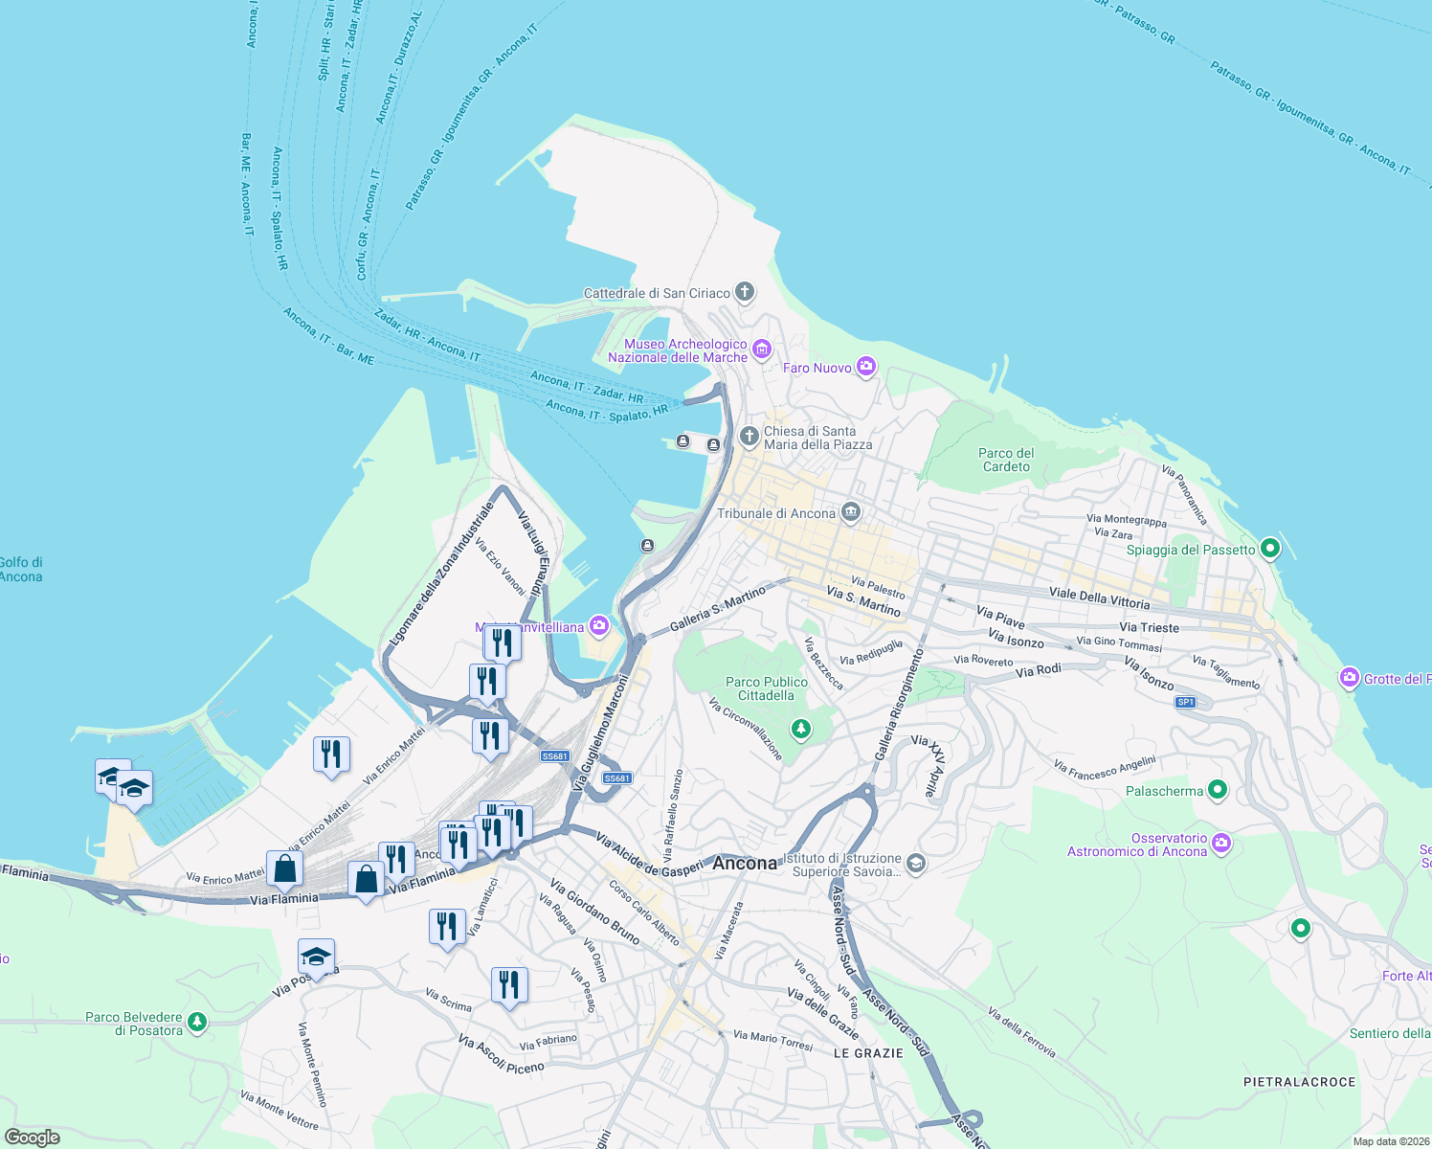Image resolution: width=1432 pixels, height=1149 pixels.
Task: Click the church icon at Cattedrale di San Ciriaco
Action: [x=745, y=292]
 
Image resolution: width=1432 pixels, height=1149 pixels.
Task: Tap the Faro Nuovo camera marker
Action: [x=866, y=367]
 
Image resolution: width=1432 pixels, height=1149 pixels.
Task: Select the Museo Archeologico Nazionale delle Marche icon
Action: [x=762, y=349]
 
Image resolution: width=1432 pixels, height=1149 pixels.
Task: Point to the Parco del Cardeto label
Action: [x=1006, y=460]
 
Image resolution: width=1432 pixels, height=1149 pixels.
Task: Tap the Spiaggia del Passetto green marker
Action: [x=1270, y=549]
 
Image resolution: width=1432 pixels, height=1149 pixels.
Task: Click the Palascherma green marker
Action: [x=1218, y=790]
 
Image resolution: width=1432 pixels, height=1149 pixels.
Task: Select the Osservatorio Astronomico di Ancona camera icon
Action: [x=1221, y=844]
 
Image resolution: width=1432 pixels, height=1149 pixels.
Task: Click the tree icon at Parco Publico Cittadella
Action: [x=801, y=730]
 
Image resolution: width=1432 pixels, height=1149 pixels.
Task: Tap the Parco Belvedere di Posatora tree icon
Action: [x=197, y=1023]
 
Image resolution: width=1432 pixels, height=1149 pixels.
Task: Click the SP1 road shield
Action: [x=1185, y=702]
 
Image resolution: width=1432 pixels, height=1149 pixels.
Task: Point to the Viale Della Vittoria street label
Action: [x=1099, y=597]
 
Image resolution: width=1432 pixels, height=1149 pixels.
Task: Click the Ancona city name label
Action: [x=745, y=863]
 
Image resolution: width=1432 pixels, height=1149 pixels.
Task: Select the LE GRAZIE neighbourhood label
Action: [x=868, y=1053]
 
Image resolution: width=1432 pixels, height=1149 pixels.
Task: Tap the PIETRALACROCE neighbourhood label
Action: [x=1299, y=1082]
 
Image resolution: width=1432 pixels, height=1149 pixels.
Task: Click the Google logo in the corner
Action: [x=33, y=1138]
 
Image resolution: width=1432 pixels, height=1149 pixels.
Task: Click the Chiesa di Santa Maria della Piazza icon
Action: [x=750, y=437]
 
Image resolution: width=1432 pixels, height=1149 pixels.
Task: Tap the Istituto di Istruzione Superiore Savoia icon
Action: [x=915, y=865]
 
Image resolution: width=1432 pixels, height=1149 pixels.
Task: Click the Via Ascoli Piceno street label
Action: [x=501, y=1054]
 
